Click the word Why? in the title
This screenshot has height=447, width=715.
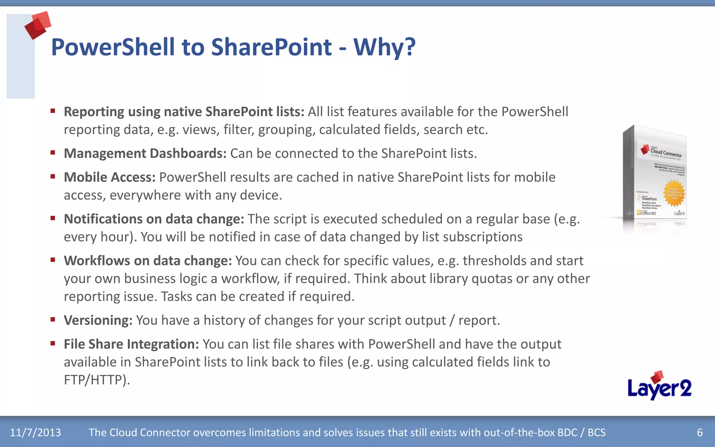[384, 47]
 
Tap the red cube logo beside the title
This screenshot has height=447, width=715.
[38, 25]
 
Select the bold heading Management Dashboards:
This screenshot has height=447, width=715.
[145, 154]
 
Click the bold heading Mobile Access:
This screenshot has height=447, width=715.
[109, 177]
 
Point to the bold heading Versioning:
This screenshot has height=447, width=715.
[98, 320]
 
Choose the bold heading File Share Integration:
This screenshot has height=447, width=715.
[131, 344]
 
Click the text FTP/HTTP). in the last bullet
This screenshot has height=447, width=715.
[97, 380]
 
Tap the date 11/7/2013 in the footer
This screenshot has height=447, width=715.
[35, 432]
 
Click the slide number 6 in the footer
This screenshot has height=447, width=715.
[700, 432]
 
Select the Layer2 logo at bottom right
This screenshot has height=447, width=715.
[659, 386]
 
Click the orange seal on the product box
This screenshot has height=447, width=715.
[674, 193]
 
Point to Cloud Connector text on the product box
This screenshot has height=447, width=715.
[666, 153]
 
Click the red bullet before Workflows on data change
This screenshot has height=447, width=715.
[53, 260]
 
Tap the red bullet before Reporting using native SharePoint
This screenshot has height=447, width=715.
[53, 111]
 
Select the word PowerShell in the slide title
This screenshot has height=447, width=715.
[113, 47]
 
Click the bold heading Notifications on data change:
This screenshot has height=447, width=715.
[154, 219]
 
